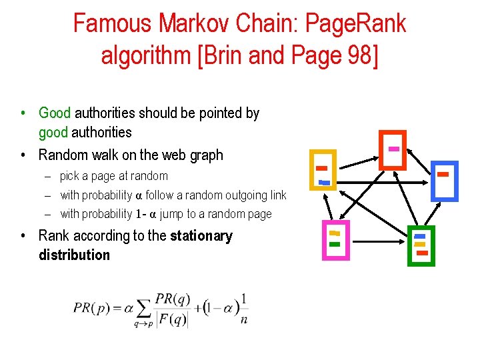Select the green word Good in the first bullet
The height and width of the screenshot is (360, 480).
[x=55, y=113]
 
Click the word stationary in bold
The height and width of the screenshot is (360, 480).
[x=201, y=236]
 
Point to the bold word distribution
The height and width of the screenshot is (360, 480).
[x=74, y=255]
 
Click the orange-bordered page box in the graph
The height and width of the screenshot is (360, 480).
[x=323, y=169]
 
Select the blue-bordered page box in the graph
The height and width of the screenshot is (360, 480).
[x=443, y=181]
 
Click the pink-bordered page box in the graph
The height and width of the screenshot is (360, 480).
[x=335, y=240]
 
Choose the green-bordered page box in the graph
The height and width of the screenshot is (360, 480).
[x=420, y=245]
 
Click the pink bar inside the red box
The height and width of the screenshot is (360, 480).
[x=394, y=148]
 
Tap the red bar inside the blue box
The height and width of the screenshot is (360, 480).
[x=443, y=174]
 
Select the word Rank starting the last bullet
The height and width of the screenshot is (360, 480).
[x=54, y=236]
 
